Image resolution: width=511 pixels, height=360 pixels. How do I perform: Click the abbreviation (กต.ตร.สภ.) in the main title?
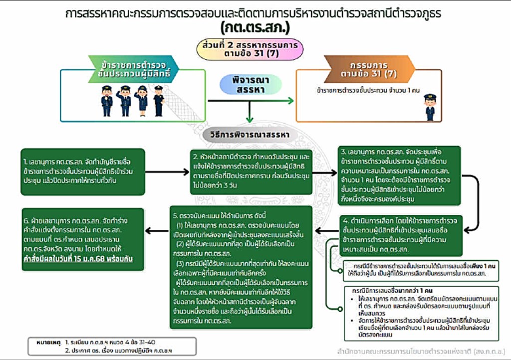255,26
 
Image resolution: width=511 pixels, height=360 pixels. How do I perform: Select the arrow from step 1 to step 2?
166,171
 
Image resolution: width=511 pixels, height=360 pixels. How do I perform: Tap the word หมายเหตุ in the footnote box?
48,343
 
